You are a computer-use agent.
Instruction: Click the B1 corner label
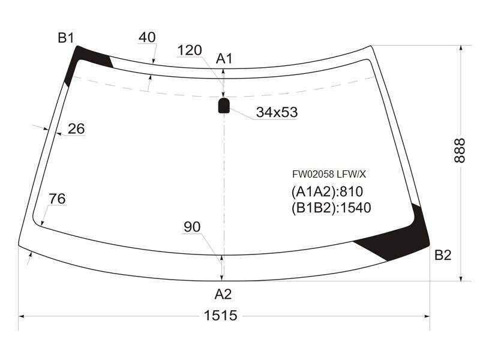(x=66, y=38)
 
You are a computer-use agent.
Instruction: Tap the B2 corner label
(x=443, y=254)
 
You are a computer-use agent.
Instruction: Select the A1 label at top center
(x=224, y=58)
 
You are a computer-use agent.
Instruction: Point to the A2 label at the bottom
(x=223, y=294)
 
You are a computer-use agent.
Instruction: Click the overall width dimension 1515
(x=220, y=316)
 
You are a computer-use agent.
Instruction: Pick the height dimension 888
(x=460, y=151)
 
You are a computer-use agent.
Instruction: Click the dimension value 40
(x=147, y=37)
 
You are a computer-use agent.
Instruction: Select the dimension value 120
(x=190, y=50)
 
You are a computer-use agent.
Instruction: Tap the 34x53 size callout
(x=277, y=112)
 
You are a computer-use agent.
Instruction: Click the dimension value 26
(x=76, y=128)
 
